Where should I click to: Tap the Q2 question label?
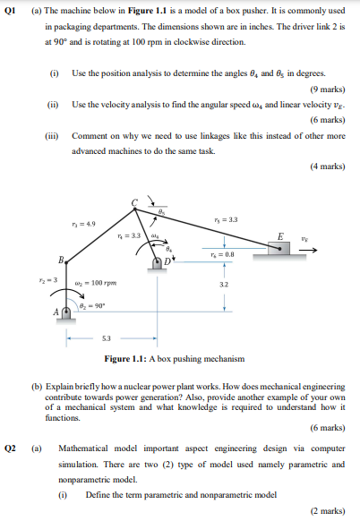(13, 446)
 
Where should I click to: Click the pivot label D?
(166, 261)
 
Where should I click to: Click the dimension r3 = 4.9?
(79, 224)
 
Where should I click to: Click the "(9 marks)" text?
(326, 90)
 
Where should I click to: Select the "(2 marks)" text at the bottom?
(326, 509)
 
